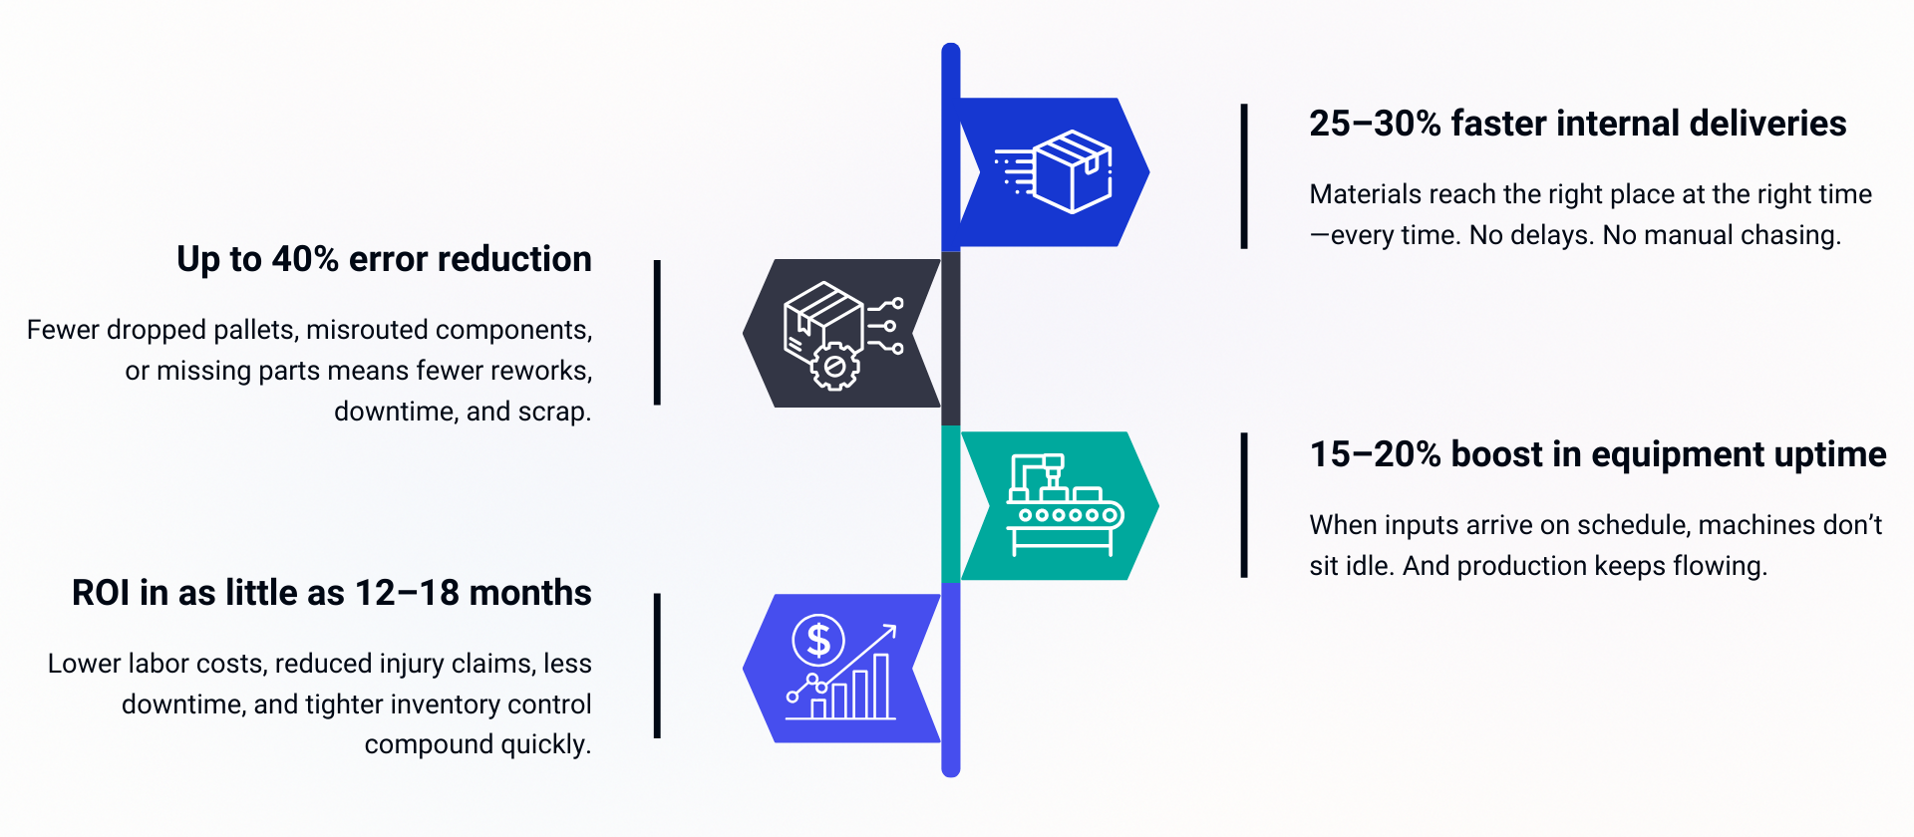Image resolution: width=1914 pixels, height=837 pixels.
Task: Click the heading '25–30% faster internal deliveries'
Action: (1577, 124)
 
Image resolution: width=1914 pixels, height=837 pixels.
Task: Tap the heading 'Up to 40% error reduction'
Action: (384, 259)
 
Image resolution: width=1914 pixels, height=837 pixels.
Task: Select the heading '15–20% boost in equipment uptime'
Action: (1597, 454)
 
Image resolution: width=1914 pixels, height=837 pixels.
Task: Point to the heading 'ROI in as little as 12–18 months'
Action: (331, 593)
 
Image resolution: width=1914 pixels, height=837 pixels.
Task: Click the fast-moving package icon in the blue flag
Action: (1057, 171)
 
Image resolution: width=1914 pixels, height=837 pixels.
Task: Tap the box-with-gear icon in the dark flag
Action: (842, 334)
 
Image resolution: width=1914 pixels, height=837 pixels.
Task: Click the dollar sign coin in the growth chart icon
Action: (818, 640)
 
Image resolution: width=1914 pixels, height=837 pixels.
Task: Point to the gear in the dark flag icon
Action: (834, 367)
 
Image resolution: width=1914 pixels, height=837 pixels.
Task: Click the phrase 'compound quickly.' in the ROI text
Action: (478, 744)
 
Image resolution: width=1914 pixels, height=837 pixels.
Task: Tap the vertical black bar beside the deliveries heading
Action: (1244, 176)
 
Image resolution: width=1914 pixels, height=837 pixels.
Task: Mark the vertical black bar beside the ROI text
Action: (657, 666)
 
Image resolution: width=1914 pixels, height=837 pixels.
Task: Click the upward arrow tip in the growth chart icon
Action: (891, 629)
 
